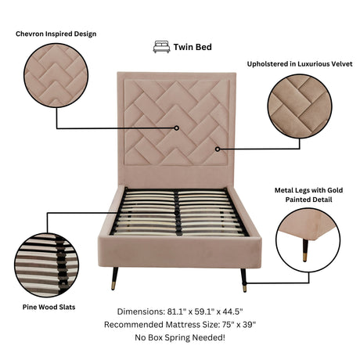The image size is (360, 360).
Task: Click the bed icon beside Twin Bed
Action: (160, 46)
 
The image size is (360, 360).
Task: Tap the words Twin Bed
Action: (193, 47)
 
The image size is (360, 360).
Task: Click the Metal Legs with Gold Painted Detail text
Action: (306, 195)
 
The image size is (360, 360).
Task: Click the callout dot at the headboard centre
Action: (177, 128)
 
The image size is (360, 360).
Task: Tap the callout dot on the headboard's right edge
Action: (218, 148)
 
